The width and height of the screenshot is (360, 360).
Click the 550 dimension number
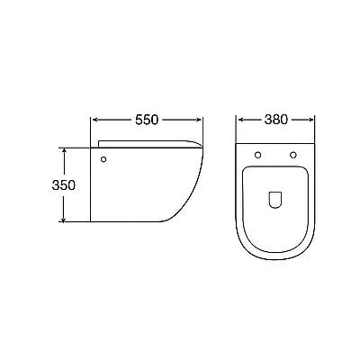[x=147, y=120]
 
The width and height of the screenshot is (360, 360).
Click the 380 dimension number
[x=276, y=120]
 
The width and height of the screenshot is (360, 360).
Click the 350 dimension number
[x=64, y=185]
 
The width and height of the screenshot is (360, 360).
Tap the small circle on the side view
[x=103, y=159]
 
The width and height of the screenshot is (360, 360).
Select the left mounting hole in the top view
[x=257, y=155]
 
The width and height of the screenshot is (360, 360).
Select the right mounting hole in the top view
[x=293, y=155]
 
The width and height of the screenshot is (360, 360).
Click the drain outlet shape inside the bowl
[x=275, y=199]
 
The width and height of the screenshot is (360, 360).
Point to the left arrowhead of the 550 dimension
[x=94, y=120]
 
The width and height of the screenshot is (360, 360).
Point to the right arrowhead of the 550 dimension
[x=199, y=120]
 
